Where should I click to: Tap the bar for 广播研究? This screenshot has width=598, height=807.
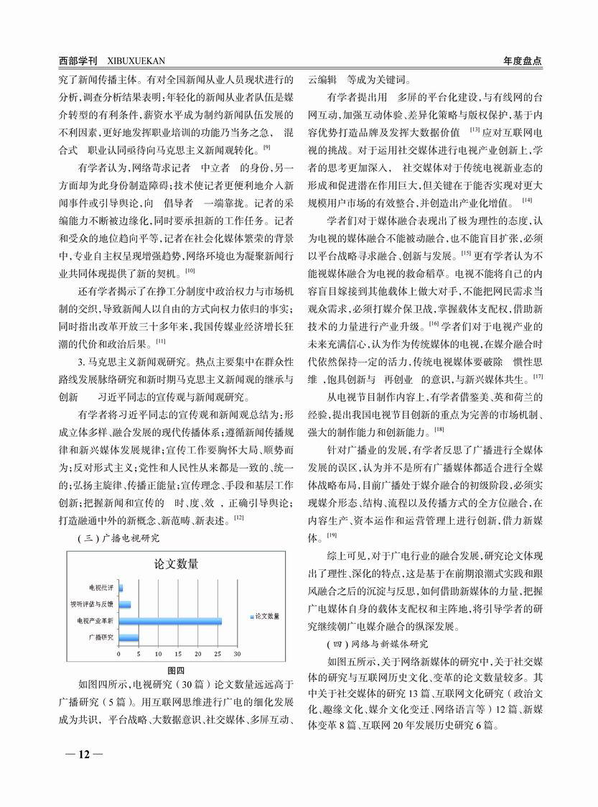129,637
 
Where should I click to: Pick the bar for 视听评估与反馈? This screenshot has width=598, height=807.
125,604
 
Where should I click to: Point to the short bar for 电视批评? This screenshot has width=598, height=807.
121,588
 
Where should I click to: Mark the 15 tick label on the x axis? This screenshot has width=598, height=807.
178,655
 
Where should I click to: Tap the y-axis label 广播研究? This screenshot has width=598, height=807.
101,637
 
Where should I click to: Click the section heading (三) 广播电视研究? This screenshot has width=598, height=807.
118,537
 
